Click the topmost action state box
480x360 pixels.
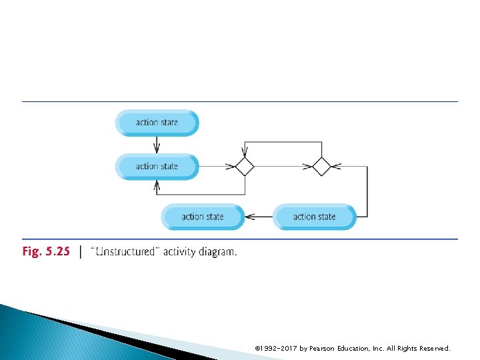(157, 123)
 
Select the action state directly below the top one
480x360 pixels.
(157, 166)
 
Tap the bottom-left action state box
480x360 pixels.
(203, 217)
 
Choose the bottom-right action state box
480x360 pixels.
(314, 217)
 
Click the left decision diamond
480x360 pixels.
(245, 166)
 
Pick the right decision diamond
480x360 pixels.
(321, 166)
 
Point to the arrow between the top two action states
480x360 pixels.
(157, 144)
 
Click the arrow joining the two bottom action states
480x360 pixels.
(259, 217)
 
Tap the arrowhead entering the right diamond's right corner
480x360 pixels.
(335, 166)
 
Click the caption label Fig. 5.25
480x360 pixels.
(46, 252)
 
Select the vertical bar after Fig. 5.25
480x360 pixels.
(81, 252)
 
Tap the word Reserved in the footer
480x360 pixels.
(433, 348)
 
